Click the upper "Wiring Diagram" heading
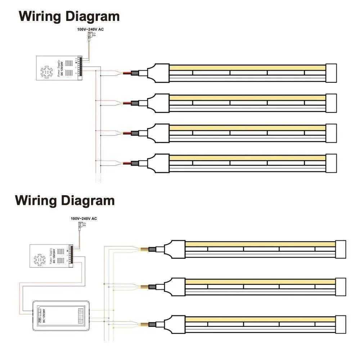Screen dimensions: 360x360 tap(69, 17)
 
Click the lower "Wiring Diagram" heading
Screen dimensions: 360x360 tap(65, 200)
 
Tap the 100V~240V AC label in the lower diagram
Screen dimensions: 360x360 tap(84, 219)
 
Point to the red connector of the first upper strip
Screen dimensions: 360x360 tap(127, 73)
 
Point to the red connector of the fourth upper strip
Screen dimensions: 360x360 tap(127, 163)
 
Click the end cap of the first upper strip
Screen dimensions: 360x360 tap(331, 73)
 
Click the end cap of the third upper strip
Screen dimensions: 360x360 tap(331, 133)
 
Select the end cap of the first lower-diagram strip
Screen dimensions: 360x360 tap(341, 249)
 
